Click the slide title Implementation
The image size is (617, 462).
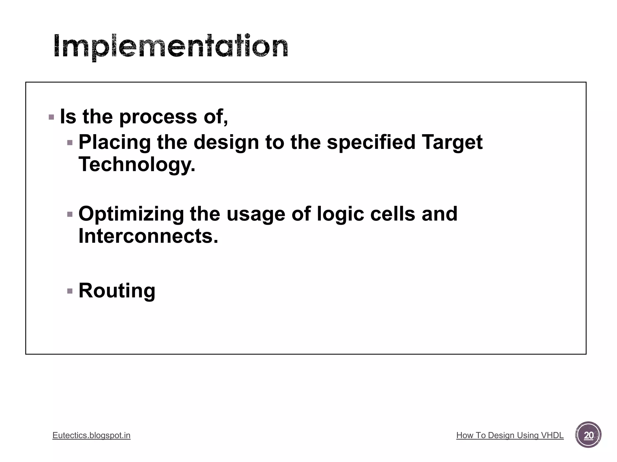[x=171, y=47]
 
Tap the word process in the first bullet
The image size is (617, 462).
[x=158, y=117]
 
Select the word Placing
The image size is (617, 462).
[x=114, y=142]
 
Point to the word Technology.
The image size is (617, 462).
[x=137, y=165]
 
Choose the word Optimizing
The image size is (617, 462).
[x=131, y=214]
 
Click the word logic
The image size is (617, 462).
[x=340, y=214]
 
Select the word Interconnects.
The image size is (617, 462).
[x=148, y=236]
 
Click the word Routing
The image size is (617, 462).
[x=117, y=291]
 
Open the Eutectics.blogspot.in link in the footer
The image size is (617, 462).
[x=91, y=435]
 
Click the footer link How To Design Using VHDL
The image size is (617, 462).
[x=510, y=435]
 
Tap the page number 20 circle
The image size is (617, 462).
[x=588, y=435]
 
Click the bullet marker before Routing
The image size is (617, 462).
[x=70, y=291]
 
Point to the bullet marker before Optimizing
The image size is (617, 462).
[x=70, y=214]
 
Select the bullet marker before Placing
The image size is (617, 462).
[x=70, y=143]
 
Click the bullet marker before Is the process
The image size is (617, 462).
[x=51, y=117]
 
